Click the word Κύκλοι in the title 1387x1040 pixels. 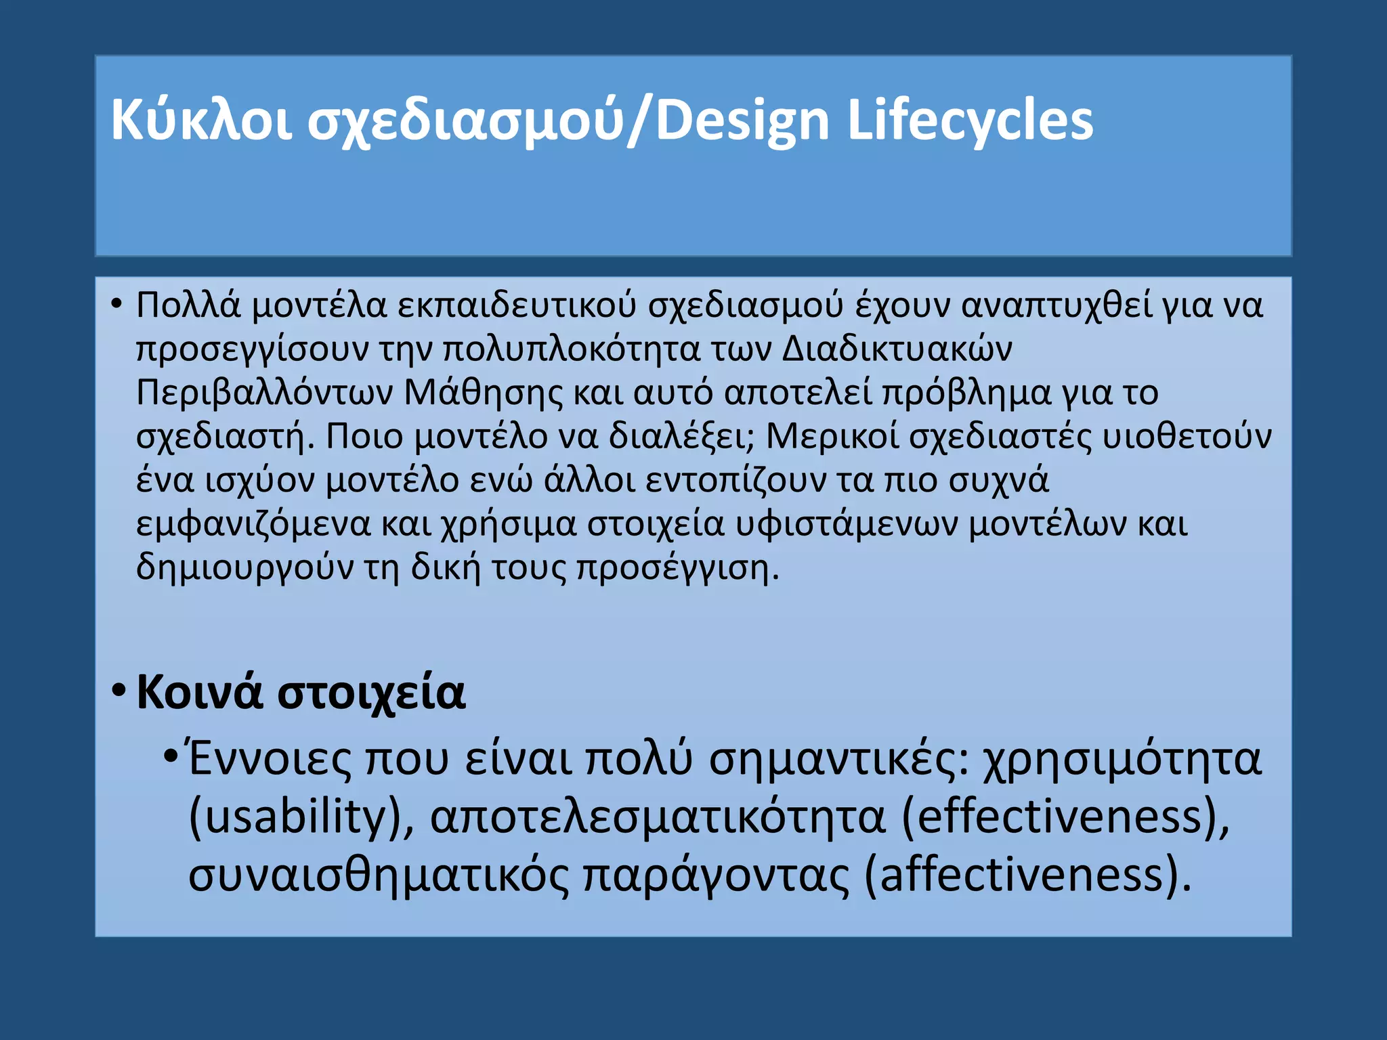201,121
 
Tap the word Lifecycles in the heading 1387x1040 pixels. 970,122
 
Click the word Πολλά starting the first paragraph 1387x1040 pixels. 188,305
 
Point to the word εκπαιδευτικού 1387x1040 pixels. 516,306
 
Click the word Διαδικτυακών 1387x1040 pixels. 897,348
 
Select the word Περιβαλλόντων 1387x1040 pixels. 264,393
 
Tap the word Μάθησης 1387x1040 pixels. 483,393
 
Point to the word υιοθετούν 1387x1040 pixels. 1187,437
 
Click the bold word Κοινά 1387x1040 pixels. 199,693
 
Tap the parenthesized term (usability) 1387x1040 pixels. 301,817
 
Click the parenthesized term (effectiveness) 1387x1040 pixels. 1065,817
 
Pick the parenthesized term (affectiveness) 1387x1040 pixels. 1028,875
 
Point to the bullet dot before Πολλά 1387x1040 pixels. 116,304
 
